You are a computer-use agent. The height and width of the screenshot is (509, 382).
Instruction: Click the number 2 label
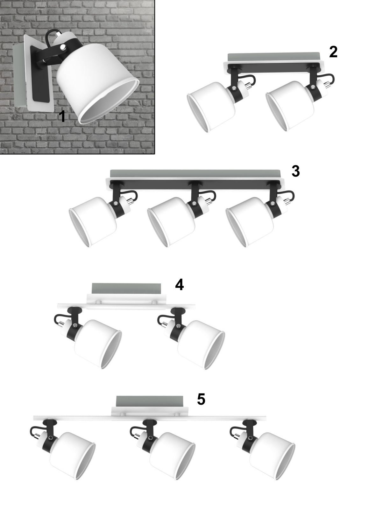tap(333, 52)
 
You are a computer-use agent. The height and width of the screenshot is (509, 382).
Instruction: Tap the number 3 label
tap(295, 171)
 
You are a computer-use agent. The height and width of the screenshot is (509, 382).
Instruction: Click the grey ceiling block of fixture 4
tap(126, 288)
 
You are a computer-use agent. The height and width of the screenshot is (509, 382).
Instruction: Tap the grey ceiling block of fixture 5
tap(150, 401)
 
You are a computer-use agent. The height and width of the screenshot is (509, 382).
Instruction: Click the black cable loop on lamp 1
tap(51, 35)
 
